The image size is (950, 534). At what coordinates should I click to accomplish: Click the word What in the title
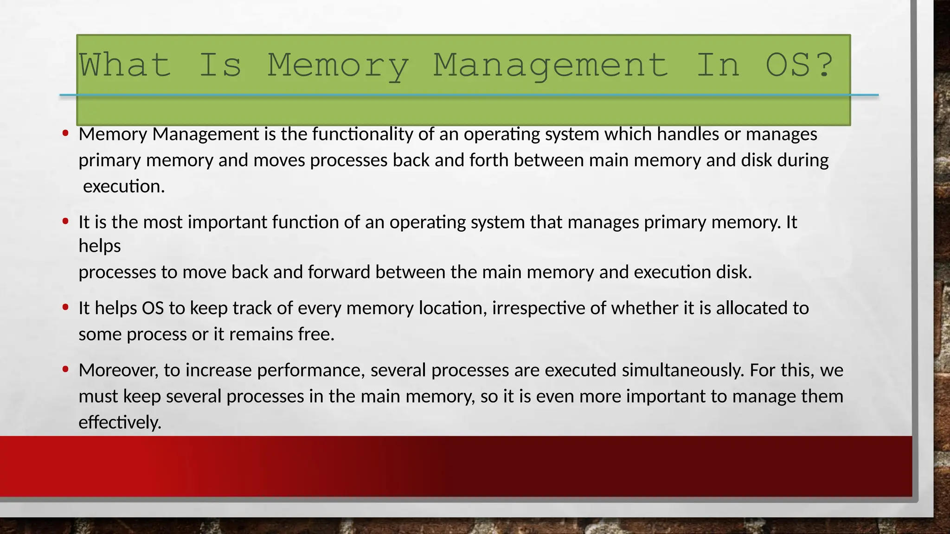(124, 65)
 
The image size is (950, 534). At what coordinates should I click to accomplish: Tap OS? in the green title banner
(800, 65)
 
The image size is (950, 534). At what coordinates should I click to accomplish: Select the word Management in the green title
(551, 65)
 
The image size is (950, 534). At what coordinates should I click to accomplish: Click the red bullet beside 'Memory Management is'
(65, 133)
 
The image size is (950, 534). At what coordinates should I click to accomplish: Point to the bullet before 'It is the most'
(65, 222)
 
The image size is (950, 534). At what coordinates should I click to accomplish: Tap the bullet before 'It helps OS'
(65, 307)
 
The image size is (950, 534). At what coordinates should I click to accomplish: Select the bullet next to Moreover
(65, 369)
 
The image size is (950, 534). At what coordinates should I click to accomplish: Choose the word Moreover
(119, 370)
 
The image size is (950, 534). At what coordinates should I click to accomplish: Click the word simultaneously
(683, 370)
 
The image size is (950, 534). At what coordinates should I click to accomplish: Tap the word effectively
(120, 422)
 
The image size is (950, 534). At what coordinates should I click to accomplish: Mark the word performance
(311, 370)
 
